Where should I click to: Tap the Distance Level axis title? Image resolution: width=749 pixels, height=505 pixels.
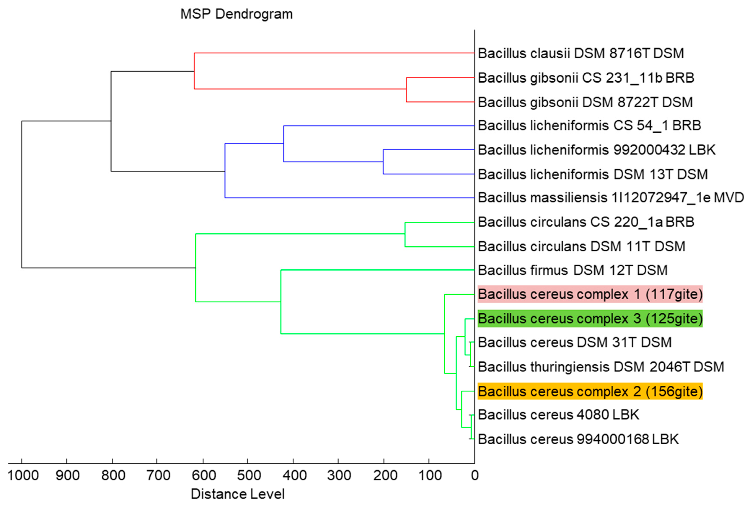click(x=238, y=494)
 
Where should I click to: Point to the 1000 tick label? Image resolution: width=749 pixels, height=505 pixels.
click(x=23, y=475)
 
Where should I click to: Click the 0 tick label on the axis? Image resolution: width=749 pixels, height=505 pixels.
click(x=474, y=475)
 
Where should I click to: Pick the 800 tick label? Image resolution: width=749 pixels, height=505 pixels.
click(x=113, y=475)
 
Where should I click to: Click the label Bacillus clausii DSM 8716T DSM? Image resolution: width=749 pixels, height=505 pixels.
click(x=580, y=53)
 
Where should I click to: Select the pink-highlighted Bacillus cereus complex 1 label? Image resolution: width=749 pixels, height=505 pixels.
click(x=590, y=294)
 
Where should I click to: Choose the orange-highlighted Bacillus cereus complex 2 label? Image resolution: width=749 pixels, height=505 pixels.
click(x=590, y=391)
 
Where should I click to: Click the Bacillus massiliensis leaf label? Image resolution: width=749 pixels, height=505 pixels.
click(x=610, y=197)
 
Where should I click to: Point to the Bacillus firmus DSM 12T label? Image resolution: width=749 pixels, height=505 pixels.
click(x=572, y=270)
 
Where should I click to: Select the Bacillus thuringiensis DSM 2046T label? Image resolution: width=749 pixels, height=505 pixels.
click(x=601, y=367)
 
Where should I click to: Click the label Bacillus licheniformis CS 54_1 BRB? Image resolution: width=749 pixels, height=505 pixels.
click(x=589, y=125)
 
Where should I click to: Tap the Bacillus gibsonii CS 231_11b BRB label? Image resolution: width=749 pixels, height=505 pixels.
click(x=586, y=78)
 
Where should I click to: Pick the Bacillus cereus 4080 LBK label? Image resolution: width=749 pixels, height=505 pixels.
click(x=558, y=414)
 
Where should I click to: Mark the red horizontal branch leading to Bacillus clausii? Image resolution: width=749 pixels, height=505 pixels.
click(x=334, y=53)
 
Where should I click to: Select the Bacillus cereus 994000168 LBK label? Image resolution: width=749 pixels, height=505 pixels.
click(x=578, y=439)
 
